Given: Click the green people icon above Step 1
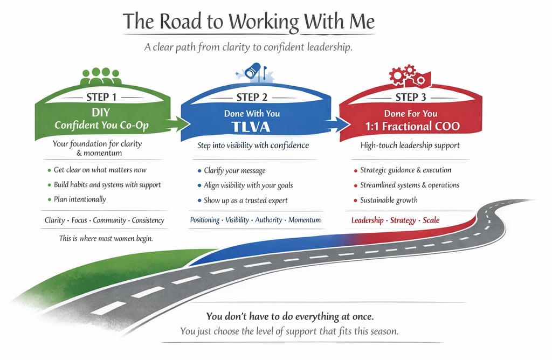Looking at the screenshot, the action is [101, 76].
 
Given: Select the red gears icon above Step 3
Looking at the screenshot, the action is [408, 75].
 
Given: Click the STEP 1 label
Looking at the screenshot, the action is [101, 97].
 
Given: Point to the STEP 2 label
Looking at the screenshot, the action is [252, 98].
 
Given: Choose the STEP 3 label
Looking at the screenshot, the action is [410, 97].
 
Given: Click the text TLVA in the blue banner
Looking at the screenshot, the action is [252, 128].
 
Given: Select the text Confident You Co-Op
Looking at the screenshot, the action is [102, 125].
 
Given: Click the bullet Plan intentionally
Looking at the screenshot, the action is [80, 199].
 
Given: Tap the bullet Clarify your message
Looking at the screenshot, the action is [234, 170].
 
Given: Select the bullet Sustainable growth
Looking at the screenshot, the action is [389, 200].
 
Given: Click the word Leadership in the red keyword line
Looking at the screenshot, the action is [367, 220].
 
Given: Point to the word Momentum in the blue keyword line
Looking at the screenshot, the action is [305, 220].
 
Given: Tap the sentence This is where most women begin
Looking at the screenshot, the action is [106, 238].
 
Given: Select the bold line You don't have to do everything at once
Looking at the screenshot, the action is [289, 316].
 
